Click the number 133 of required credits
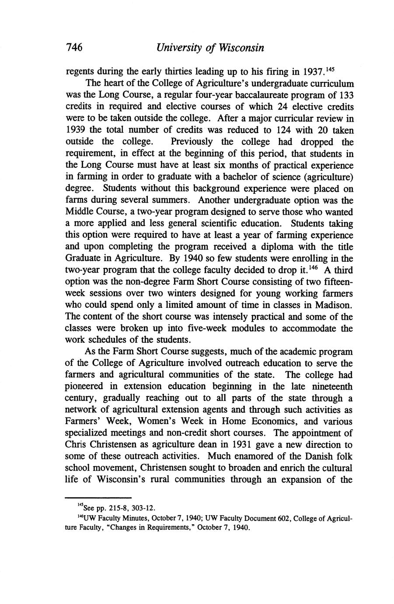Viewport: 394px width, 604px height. [345, 95]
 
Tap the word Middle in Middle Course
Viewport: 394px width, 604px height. [80, 212]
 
